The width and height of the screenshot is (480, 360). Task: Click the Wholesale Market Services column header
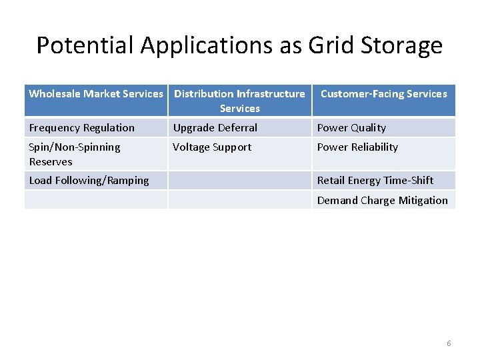(x=96, y=94)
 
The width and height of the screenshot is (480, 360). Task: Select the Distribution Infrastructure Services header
(x=239, y=101)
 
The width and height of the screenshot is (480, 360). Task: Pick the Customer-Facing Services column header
(x=383, y=94)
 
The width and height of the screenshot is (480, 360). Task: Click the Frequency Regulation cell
(x=82, y=128)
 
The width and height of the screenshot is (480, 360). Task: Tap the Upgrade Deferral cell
(x=215, y=128)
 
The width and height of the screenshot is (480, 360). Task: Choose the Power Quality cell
(x=351, y=128)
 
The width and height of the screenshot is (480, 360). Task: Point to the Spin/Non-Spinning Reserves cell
(x=75, y=154)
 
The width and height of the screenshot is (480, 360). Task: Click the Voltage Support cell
(x=212, y=147)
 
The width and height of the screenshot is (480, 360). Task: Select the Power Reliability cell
(x=357, y=147)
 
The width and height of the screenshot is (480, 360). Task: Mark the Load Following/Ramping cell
(x=89, y=181)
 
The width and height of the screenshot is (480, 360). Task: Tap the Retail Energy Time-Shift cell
(x=375, y=181)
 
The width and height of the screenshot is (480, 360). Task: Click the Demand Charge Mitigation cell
(x=382, y=201)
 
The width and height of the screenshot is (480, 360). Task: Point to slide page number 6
(x=449, y=343)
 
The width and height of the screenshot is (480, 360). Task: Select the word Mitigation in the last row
(x=423, y=201)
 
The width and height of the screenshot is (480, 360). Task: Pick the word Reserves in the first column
(x=51, y=162)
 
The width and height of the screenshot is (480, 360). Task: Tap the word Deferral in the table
(x=237, y=128)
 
